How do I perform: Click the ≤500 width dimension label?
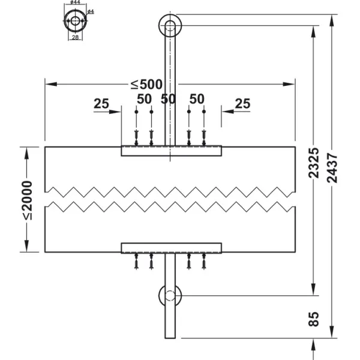point(146,84)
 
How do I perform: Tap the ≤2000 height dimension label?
point(27,200)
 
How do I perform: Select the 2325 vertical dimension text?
point(314,163)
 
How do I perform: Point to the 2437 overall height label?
point(332,168)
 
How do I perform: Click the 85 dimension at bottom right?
point(314,319)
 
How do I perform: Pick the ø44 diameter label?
point(76,2)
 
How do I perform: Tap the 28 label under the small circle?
point(76,37)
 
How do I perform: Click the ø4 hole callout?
point(91,11)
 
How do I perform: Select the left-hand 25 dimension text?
point(101,104)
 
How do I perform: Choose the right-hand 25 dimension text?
point(242,104)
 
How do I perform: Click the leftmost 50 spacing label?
point(144,99)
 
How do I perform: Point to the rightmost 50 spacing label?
point(197,99)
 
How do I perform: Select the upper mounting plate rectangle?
point(171,151)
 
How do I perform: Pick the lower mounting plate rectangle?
point(171,248)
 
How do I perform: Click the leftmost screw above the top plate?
point(136,138)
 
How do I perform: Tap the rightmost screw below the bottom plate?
point(204,261)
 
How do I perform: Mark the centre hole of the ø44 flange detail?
point(76,21)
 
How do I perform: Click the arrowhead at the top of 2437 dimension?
point(332,20)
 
